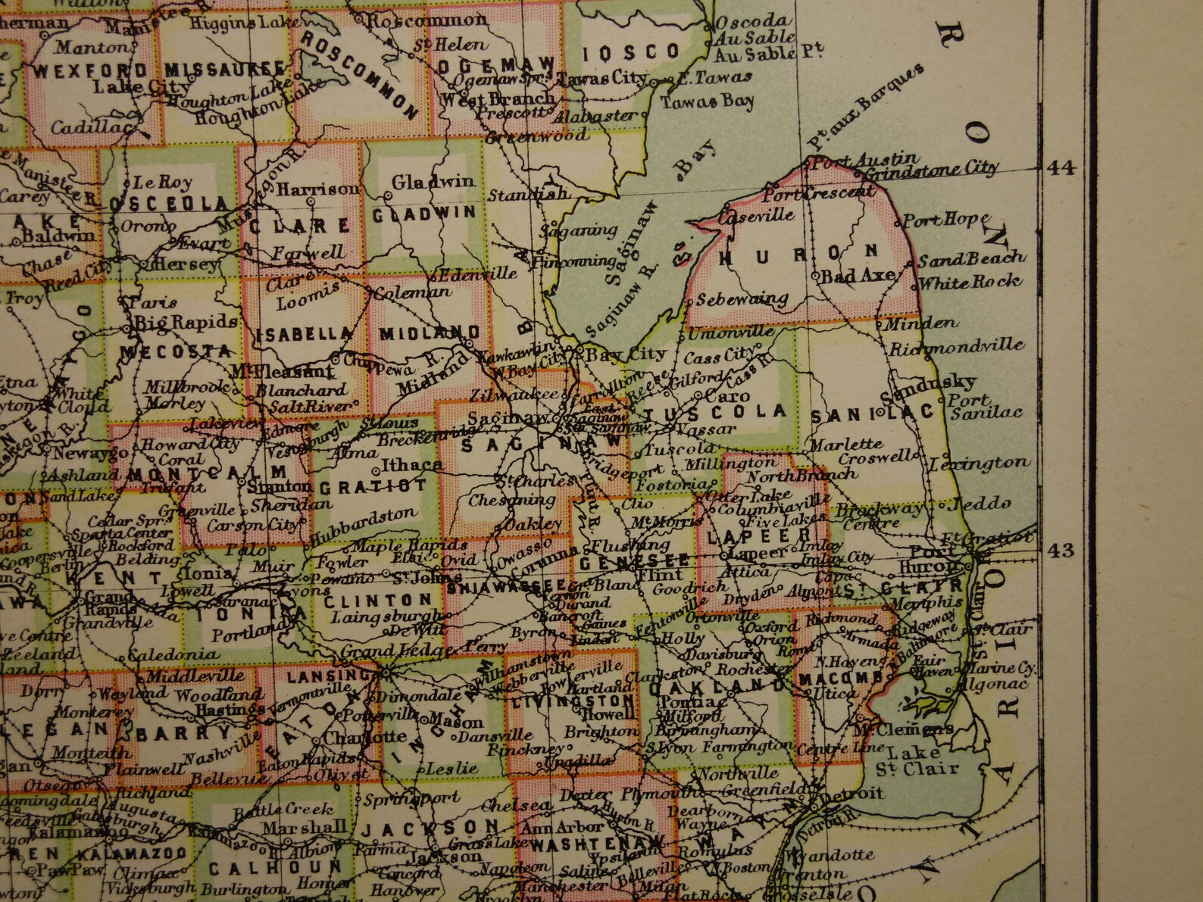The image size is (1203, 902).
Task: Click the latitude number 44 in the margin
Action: (x=1060, y=168)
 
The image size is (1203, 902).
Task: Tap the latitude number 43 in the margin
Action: (x=1060, y=550)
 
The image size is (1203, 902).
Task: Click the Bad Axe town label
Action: (x=858, y=276)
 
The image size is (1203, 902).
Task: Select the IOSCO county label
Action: (x=632, y=51)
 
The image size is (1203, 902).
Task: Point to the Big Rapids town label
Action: (x=186, y=321)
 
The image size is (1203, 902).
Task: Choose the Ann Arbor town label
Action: (x=567, y=827)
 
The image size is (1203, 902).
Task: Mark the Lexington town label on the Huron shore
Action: (x=980, y=462)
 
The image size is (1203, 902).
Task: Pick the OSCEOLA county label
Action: (x=168, y=204)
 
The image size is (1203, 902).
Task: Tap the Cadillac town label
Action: (x=88, y=127)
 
